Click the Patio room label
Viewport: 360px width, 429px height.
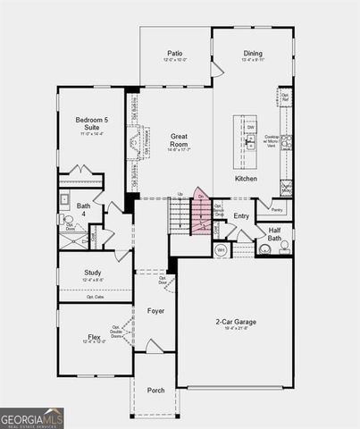175,54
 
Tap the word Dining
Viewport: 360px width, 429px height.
253,54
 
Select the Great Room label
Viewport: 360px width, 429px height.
179,139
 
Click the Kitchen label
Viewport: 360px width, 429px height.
246,179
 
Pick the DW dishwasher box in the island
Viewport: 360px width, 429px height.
251,128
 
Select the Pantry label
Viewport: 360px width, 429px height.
277,210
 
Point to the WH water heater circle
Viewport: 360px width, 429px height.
222,249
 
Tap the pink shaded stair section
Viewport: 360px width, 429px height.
202,209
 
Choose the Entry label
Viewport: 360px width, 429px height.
241,216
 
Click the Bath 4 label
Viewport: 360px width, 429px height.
83,210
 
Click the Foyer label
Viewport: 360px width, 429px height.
155,310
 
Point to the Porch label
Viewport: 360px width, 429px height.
155,391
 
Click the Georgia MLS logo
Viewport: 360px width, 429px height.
32,418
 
